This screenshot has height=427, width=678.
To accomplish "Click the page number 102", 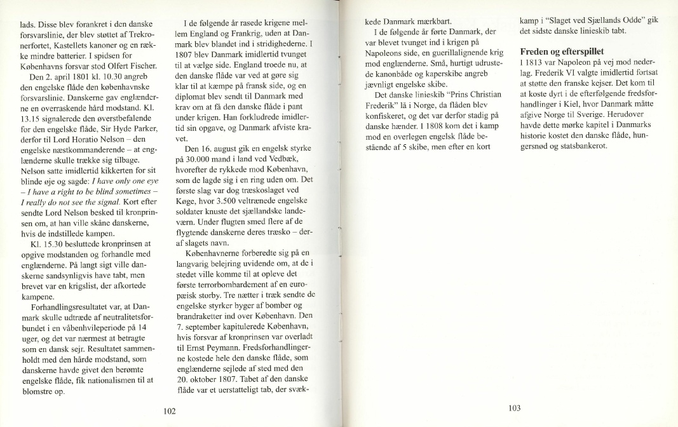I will click(x=170, y=411).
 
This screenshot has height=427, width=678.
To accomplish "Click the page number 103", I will click(x=515, y=408).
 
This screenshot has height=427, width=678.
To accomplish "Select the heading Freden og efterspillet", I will click(x=562, y=51).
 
